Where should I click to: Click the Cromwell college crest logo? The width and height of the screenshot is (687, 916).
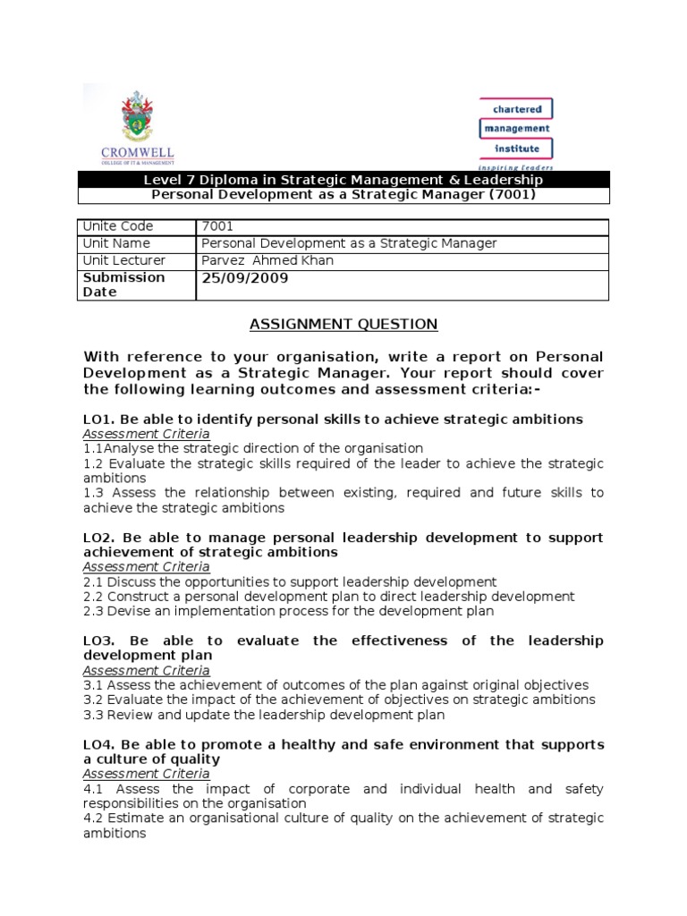pos(137,117)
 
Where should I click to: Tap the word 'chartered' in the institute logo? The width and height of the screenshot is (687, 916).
pos(517,109)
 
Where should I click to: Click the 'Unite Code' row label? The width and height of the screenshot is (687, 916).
pos(118,226)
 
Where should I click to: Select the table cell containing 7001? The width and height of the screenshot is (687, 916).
pos(217,226)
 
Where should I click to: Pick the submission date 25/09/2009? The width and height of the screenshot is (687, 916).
pos(244,278)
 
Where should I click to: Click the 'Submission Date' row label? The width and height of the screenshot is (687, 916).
pos(123,284)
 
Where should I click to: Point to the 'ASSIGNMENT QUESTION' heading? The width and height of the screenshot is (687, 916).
pos(343,324)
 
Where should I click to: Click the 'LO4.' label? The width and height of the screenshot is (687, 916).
pos(98,744)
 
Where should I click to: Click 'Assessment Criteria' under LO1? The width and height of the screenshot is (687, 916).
pos(146,433)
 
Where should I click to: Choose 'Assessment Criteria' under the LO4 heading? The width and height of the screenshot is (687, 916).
pos(146,773)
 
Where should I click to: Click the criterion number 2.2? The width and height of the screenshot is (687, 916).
pos(94,596)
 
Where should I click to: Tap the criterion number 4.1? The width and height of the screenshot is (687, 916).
pos(94,788)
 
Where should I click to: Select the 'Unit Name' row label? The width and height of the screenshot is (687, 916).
pos(116,243)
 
